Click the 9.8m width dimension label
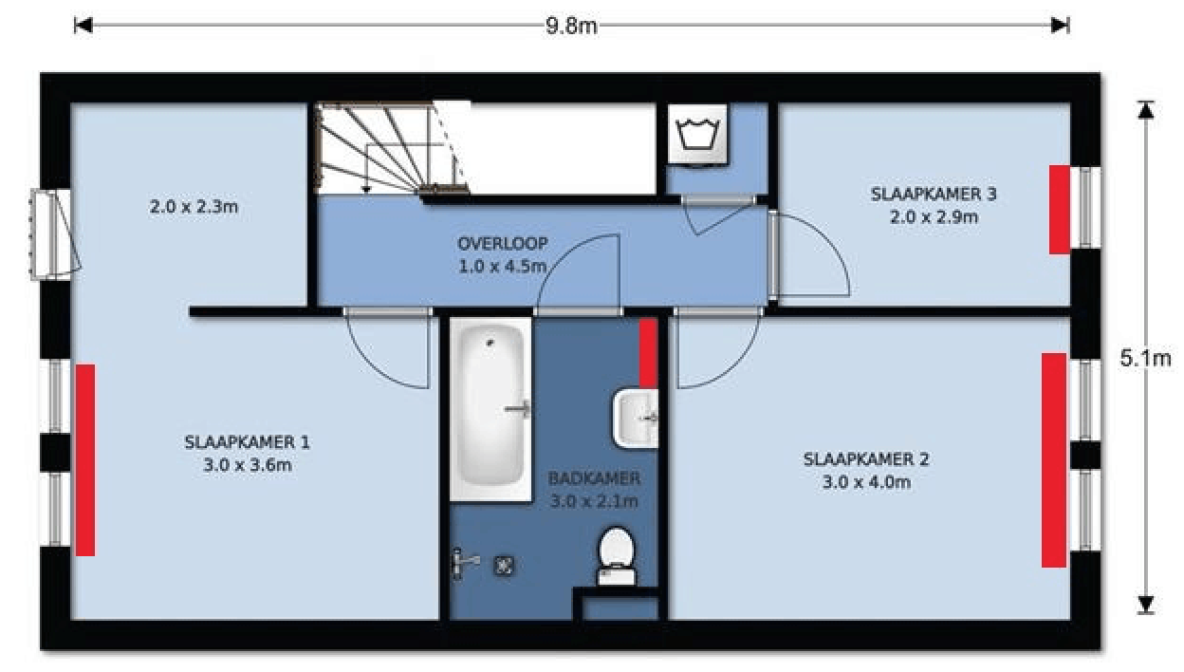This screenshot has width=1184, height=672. pos(571,26)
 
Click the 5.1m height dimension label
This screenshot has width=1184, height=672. pos(1145,359)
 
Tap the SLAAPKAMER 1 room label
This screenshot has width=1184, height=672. pos(247,442)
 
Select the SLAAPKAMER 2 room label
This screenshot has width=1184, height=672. pos(866,459)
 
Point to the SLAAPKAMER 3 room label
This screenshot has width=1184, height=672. pos(934,194)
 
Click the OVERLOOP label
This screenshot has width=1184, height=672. pos(502,244)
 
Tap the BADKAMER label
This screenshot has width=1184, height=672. pos(594,478)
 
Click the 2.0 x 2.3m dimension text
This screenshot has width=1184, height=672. pos(194,207)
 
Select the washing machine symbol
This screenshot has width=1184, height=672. pos(697,134)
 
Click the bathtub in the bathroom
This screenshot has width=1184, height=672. pos(490,409)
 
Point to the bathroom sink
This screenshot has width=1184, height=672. pos(636,419)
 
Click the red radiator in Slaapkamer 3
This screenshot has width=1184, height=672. pos(1060,210)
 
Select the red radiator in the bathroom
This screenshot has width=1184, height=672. pos(649,353)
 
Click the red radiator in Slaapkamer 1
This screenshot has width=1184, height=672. pos(85,460)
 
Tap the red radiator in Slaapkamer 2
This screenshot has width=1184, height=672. pos(1054,460)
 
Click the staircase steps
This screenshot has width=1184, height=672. pos(391,148)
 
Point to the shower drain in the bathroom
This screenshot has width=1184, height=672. pos(504,566)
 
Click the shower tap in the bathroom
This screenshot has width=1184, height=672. pos(466,564)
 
